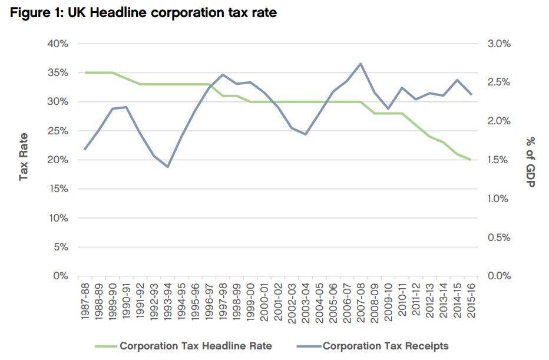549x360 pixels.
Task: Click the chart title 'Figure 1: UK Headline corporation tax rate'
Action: click(x=144, y=13)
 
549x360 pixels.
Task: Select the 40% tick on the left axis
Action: click(x=57, y=44)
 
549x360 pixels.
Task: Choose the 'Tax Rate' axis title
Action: click(x=24, y=156)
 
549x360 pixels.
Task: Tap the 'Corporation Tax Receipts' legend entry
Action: click(x=385, y=346)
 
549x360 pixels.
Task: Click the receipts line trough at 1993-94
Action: click(x=168, y=167)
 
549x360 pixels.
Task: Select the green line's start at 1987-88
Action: click(x=85, y=72)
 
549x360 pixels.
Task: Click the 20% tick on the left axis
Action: click(x=57, y=160)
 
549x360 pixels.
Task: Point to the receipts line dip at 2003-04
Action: click(x=306, y=134)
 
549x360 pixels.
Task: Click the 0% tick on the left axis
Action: click(x=60, y=276)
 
